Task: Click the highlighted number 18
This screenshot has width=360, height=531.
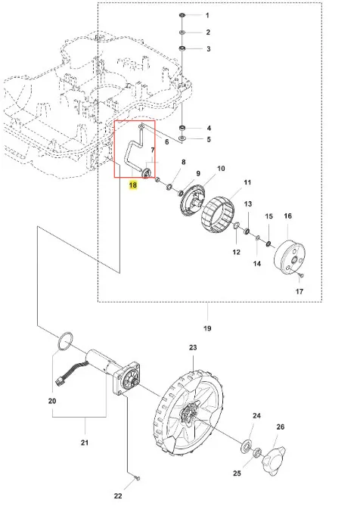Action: (x=133, y=185)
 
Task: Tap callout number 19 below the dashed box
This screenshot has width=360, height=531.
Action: (x=207, y=328)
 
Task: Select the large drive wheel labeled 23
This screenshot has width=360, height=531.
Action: (x=189, y=412)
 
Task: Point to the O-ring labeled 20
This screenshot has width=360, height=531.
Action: (x=66, y=341)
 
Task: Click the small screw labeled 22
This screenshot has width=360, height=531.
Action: (x=137, y=478)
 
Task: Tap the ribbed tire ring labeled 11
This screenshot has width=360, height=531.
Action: (x=218, y=216)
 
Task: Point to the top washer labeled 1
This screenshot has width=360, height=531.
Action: (x=182, y=15)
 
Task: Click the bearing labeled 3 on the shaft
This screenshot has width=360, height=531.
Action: (x=182, y=48)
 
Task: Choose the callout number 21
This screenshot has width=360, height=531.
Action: (x=84, y=442)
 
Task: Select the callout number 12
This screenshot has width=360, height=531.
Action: (x=237, y=252)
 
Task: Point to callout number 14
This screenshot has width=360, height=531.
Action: (x=257, y=263)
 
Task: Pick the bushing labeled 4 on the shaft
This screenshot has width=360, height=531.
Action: (x=182, y=129)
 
